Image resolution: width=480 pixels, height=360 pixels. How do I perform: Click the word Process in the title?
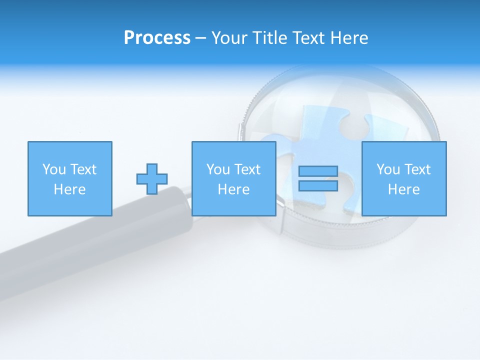point(157,38)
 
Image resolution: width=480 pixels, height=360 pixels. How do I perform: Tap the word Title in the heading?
point(268,38)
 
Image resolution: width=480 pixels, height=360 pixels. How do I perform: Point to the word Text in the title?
point(310,38)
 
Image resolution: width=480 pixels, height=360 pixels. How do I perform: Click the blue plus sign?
point(152,179)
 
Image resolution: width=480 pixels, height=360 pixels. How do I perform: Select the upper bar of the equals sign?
point(318,171)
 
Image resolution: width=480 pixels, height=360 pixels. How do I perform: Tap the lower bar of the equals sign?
point(318,186)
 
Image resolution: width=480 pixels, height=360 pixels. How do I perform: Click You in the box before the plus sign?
point(54,169)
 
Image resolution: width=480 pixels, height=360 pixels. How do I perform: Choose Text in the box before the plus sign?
point(82,169)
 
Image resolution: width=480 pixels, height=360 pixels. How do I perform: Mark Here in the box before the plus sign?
point(69,189)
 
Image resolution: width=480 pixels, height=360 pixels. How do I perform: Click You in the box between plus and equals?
point(218,169)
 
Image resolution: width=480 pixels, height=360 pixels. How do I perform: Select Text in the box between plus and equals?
point(246,169)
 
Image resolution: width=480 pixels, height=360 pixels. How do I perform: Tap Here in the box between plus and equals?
point(233,189)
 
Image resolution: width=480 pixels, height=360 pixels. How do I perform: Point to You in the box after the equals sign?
point(388,169)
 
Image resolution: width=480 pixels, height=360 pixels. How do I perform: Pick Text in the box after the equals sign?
point(416,169)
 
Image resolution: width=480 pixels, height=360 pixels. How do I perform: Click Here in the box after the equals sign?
point(403,189)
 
